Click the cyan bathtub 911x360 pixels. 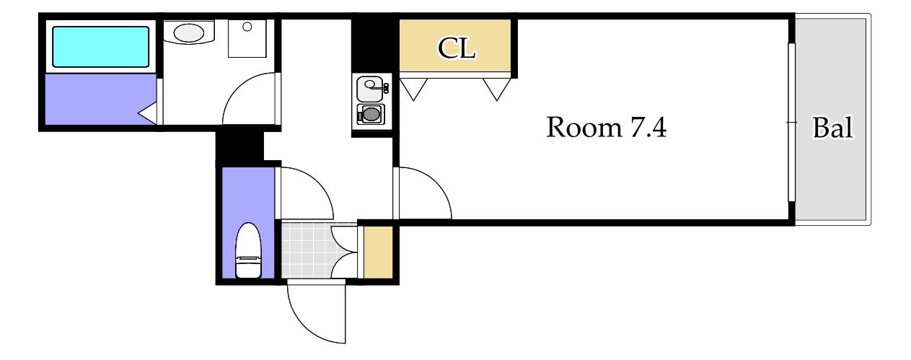(x=100, y=46)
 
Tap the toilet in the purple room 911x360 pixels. (x=248, y=250)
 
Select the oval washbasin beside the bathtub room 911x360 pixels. (x=189, y=32)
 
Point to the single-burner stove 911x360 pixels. (x=371, y=114)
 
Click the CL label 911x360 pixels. (x=457, y=48)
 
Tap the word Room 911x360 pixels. (x=584, y=127)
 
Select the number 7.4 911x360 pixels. (x=648, y=127)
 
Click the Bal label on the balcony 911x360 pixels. (x=832, y=128)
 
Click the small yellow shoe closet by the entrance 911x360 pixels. (x=378, y=253)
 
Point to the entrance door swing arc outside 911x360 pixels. (x=302, y=326)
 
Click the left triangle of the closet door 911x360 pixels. (x=413, y=89)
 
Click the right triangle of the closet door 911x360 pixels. (x=496, y=89)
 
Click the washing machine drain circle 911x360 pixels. (x=247, y=27)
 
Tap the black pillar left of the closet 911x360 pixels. (x=374, y=45)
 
